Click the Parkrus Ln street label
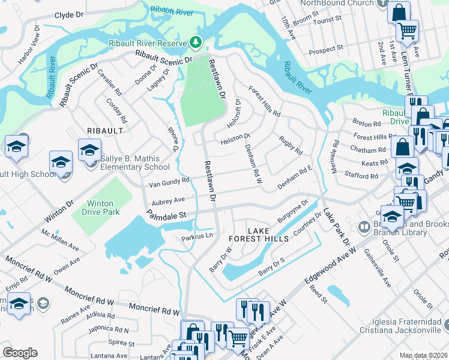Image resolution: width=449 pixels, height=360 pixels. pos(197,238)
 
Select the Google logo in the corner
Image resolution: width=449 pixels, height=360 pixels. pos(19,353)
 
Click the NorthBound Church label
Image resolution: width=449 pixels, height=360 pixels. pos(337,4)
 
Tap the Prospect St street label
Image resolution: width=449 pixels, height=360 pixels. pos(325,49)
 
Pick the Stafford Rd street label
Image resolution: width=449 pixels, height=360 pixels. pos(361,176)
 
